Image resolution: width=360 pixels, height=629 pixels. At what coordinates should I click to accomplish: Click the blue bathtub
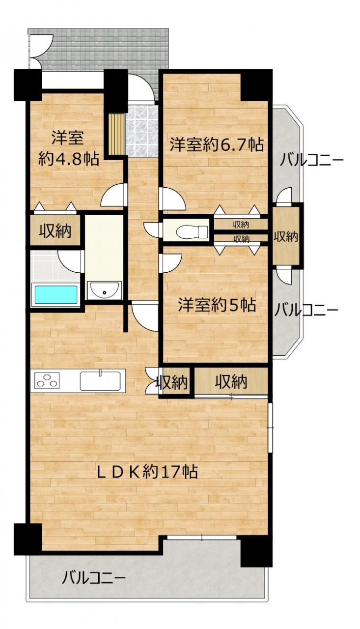coord(55,294)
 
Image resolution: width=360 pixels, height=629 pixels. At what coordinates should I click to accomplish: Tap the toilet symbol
coord(193,231)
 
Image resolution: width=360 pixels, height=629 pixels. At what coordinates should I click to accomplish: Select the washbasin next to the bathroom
coord(105,290)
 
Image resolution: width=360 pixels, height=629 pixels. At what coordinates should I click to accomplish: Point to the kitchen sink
coord(102,381)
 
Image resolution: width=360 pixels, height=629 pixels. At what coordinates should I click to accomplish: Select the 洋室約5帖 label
coord(217,305)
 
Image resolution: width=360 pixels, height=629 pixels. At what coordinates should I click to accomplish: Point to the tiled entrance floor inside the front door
coord(141,130)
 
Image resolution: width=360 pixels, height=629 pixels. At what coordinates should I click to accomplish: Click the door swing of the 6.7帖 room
coord(172,199)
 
